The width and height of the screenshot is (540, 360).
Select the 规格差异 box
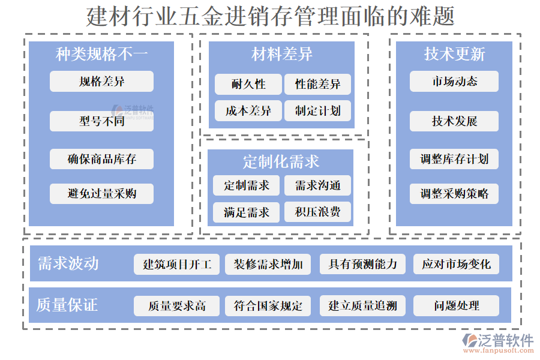click(101, 82)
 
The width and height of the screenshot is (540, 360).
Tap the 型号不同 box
click(101, 121)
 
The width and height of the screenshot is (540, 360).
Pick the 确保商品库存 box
click(101, 159)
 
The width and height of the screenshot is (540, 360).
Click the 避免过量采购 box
click(101, 194)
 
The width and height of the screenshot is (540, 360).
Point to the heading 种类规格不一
click(101, 54)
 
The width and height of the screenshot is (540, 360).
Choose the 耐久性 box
click(248, 85)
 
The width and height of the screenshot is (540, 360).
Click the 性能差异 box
click(317, 85)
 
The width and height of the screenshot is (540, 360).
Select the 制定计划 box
click(317, 111)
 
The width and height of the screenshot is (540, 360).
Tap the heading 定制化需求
click(281, 161)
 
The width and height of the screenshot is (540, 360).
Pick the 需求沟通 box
click(317, 185)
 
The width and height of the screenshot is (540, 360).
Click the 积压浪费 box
click(317, 212)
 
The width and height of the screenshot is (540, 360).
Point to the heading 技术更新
click(454, 54)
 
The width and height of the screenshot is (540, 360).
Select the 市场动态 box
click(454, 82)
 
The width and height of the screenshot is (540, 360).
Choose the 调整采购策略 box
click(454, 194)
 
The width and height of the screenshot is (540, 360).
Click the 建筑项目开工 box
click(176, 265)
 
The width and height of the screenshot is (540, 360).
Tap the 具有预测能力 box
click(362, 265)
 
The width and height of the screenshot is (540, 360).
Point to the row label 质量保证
click(67, 305)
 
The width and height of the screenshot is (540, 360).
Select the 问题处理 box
click(456, 306)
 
